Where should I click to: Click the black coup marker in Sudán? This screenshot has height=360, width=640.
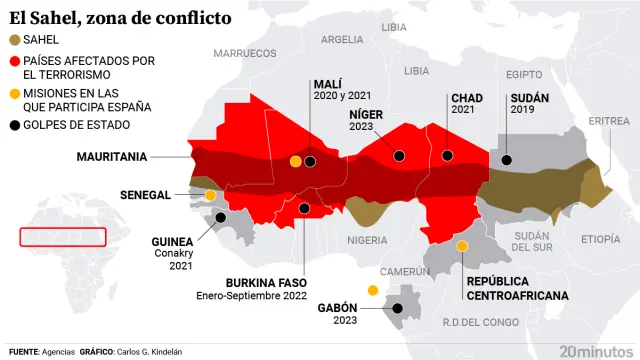pyautogui.click(x=507, y=160)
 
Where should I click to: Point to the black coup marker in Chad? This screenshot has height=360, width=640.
pyautogui.click(x=447, y=155)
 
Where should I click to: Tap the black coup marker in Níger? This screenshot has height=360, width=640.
pyautogui.click(x=399, y=155)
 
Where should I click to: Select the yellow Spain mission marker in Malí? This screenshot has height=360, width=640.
pyautogui.click(x=295, y=161)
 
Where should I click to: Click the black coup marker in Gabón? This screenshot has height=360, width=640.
pyautogui.click(x=397, y=308)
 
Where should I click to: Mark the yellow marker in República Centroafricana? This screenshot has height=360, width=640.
pyautogui.click(x=462, y=246)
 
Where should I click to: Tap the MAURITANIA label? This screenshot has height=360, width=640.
pyautogui.click(x=112, y=157)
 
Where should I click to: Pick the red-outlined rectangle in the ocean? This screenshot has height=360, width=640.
pyautogui.click(x=63, y=237)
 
